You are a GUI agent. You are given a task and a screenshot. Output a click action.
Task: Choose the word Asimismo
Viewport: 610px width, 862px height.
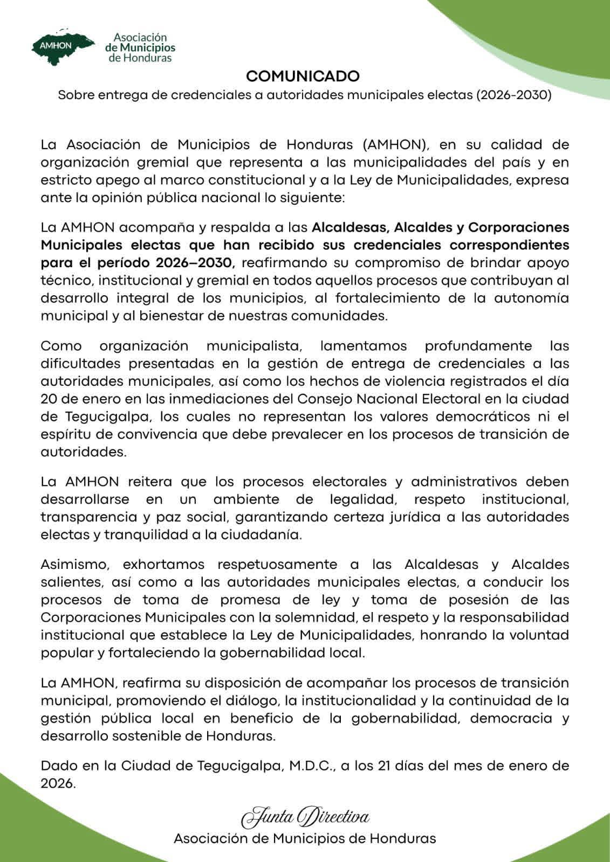(76, 565)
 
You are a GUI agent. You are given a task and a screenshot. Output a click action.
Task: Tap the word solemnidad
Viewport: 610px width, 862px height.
(312, 617)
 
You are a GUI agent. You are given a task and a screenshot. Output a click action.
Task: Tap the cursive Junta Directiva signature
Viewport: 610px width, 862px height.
(305, 817)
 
